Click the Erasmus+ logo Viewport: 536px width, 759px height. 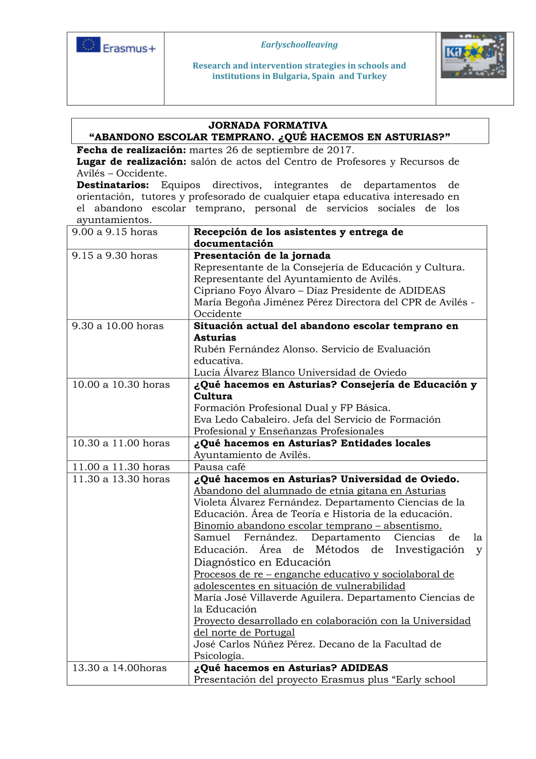coord(116,46)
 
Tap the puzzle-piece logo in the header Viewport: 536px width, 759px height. coord(473,55)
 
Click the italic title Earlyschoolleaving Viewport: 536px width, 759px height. coord(299,45)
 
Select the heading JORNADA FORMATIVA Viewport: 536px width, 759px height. coord(267,125)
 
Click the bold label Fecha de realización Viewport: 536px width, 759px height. coord(131,150)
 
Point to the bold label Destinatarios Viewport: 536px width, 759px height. coord(113,185)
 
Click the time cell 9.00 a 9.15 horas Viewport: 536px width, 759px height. coord(115,232)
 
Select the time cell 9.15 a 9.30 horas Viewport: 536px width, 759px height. coord(115,256)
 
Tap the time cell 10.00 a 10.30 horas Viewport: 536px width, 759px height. coord(121,385)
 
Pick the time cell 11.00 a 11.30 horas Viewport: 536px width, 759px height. coord(121,467)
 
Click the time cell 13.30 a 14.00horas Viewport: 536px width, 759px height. coord(120,668)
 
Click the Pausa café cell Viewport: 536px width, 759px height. coord(220,467)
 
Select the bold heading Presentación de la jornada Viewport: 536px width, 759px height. coord(262,256)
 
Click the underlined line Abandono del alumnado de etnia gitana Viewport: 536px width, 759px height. coord(319,491)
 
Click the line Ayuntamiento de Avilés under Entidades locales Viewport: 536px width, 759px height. coord(252,455)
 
